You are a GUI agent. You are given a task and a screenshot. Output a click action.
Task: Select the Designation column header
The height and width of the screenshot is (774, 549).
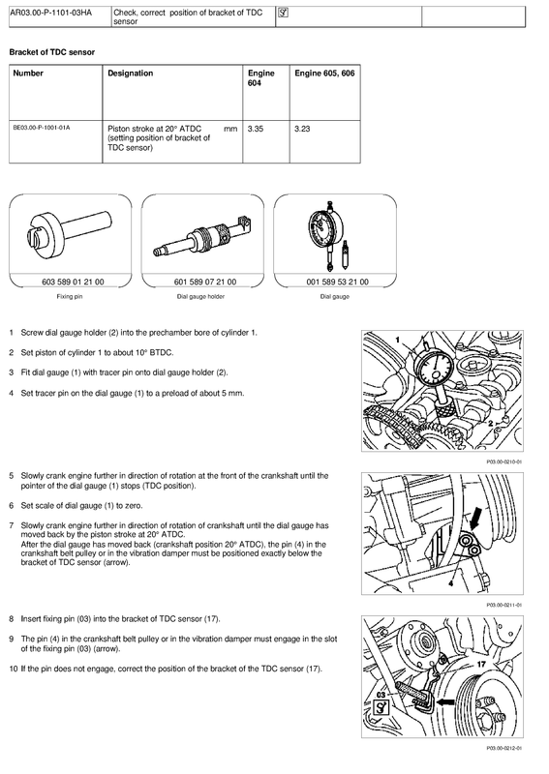(x=131, y=73)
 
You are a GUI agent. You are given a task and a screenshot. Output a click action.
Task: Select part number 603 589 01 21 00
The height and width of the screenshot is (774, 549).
(x=67, y=282)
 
